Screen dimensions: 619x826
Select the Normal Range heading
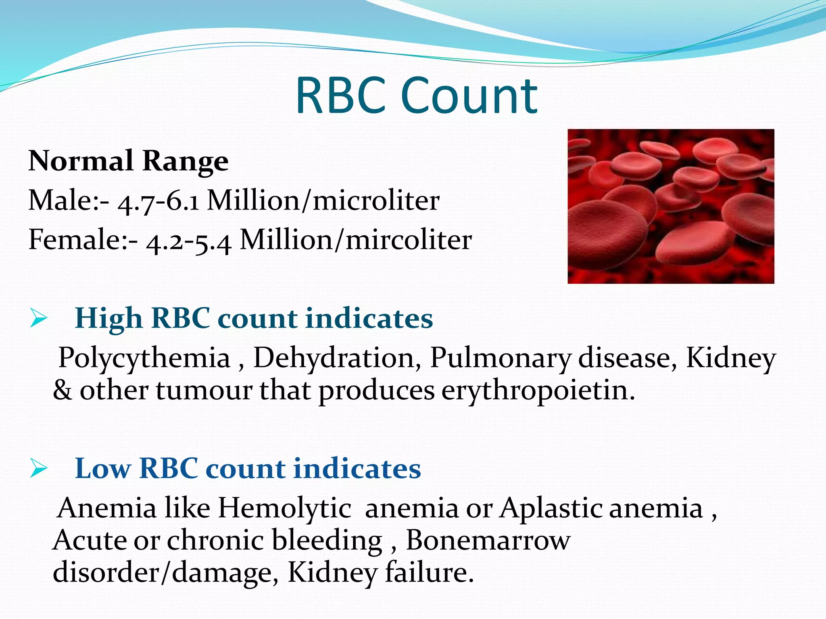click(x=128, y=161)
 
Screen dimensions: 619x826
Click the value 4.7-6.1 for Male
click(x=158, y=201)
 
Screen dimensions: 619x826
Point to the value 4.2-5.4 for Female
click(x=189, y=241)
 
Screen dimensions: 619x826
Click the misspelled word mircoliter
click(x=409, y=240)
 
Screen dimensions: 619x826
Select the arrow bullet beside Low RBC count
click(x=39, y=469)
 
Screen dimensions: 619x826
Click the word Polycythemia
click(x=144, y=358)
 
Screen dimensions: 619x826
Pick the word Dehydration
click(x=337, y=357)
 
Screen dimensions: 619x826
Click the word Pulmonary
click(x=500, y=358)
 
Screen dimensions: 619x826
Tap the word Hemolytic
click(x=284, y=508)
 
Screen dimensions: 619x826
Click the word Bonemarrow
click(x=488, y=540)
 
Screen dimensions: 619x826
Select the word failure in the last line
click(x=429, y=572)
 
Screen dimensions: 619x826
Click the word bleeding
click(x=327, y=540)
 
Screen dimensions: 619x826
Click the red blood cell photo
click(x=670, y=206)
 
